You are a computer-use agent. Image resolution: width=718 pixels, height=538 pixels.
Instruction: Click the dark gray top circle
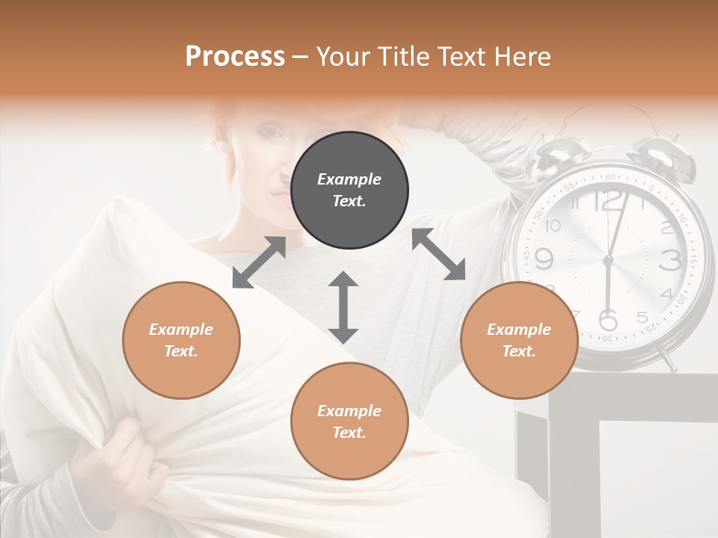(349, 191)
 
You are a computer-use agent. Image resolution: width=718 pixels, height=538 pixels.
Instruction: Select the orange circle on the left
(181, 340)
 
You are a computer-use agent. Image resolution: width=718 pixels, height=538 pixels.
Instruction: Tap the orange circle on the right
(519, 340)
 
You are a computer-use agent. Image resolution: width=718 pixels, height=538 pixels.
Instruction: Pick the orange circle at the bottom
(349, 421)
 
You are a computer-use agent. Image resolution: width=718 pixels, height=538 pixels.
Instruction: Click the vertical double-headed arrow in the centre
(343, 307)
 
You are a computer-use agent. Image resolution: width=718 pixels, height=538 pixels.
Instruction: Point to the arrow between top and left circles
(259, 262)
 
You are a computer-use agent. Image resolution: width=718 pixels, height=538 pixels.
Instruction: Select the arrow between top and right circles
(438, 255)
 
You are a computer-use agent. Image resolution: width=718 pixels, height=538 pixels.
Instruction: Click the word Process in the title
(235, 56)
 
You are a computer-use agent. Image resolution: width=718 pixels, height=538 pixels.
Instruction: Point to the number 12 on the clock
(609, 200)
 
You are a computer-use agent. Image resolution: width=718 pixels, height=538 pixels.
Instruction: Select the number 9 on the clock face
(544, 259)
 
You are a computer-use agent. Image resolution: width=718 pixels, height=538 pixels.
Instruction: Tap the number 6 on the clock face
(609, 319)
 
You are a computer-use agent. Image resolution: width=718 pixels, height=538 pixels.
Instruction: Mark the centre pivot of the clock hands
(607, 260)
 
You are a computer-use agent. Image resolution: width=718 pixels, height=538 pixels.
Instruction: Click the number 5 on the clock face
(642, 317)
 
